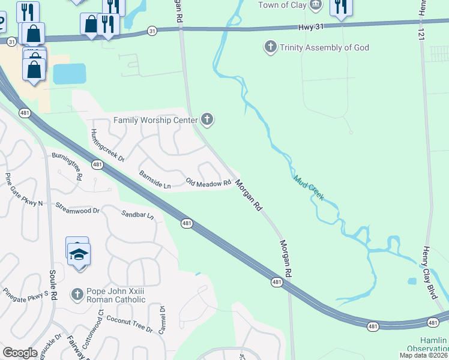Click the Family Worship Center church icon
coord(207,120)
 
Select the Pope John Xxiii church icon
coord(77,294)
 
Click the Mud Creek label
coord(309,187)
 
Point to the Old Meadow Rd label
coord(208,182)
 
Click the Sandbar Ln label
coord(137,214)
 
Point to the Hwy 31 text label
coord(311,28)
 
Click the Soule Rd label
coord(53,286)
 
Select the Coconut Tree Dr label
coord(130,323)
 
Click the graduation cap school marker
coord(79,255)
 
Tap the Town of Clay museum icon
coord(317,5)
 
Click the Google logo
coord(20,352)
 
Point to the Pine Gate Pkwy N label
coord(23,190)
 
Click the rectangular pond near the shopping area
coord(70,74)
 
